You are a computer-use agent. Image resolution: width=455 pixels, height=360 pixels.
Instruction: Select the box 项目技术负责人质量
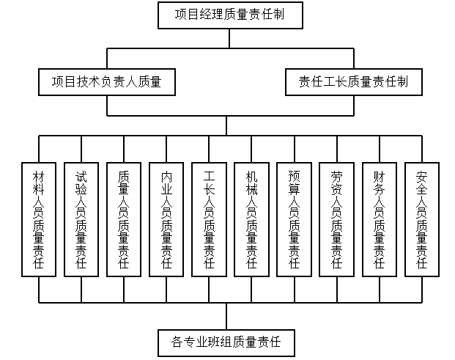(108, 81)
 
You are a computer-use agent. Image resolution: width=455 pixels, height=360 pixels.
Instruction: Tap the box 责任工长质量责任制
(354, 81)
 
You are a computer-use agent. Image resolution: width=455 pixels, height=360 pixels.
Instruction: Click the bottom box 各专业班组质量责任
(227, 342)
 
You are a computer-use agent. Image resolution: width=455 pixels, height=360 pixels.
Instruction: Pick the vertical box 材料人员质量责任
(39, 218)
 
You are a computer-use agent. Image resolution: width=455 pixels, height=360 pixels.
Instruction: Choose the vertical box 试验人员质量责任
(81, 218)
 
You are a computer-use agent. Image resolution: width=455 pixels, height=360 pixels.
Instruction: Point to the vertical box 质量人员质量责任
(124, 218)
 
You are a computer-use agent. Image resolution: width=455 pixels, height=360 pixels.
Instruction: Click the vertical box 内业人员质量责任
(166, 218)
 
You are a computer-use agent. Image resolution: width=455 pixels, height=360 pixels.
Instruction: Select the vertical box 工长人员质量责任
(209, 218)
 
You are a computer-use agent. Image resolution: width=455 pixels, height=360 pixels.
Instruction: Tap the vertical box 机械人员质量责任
(251, 218)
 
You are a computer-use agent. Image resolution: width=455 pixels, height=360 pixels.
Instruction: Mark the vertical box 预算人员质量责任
(294, 218)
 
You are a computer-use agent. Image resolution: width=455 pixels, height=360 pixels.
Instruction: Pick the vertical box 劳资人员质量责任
(336, 218)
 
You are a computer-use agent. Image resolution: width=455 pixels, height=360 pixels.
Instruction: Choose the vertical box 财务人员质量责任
(379, 218)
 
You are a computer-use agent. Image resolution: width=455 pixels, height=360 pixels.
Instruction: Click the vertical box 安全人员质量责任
(421, 218)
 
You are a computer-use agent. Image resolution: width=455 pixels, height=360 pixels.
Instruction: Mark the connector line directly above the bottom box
(227, 316)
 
